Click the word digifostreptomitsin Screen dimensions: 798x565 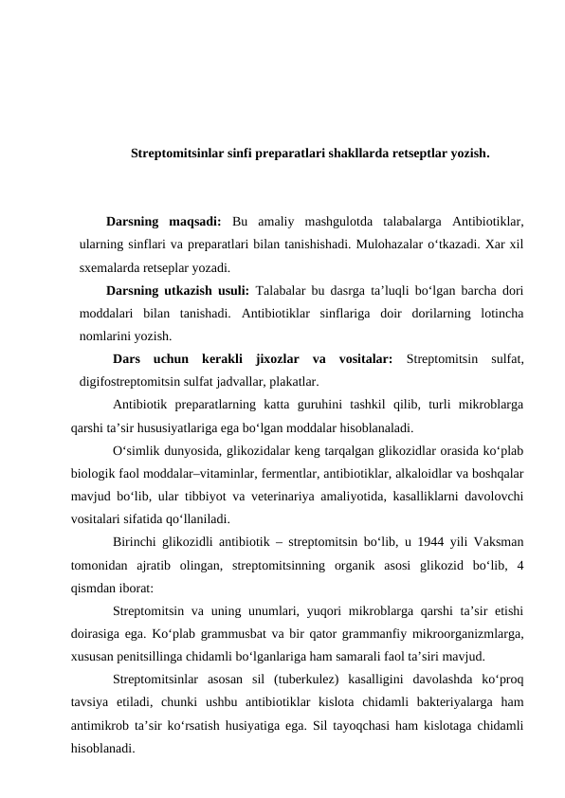coord(137,382)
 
